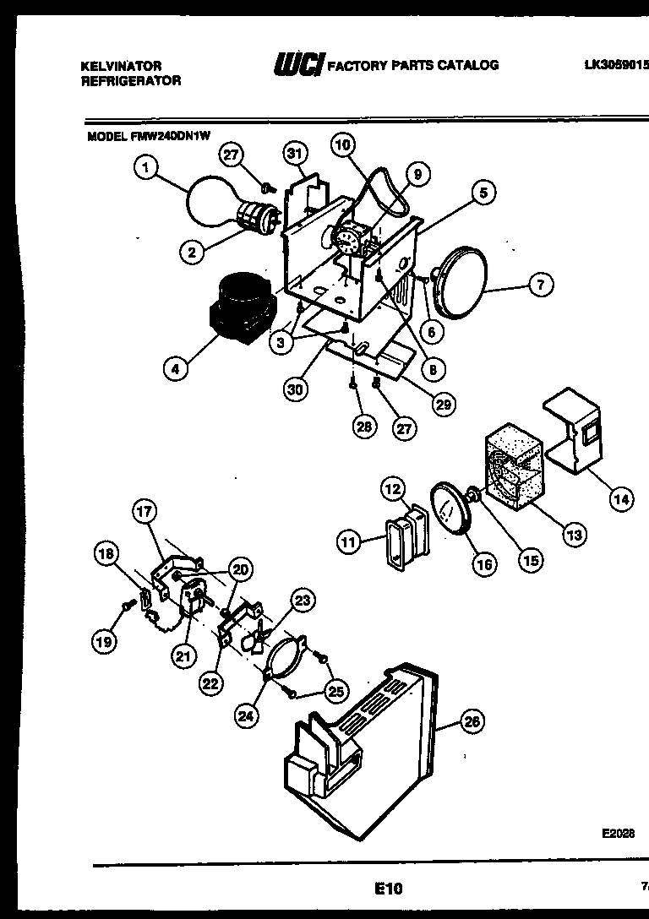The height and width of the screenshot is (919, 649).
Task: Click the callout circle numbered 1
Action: click(x=146, y=169)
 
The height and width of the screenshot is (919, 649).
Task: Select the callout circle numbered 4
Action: click(x=177, y=368)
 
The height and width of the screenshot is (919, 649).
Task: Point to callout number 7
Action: click(x=541, y=285)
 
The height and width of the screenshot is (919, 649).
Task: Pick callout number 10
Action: click(x=341, y=144)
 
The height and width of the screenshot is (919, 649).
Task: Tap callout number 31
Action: click(x=293, y=154)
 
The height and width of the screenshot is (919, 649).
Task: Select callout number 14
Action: click(x=621, y=499)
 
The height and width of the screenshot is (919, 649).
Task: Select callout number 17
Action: click(x=146, y=511)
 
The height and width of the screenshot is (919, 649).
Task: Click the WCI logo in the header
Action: click(x=297, y=64)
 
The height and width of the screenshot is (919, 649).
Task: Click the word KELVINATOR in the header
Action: click(x=121, y=65)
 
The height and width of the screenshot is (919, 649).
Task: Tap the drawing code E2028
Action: click(x=618, y=832)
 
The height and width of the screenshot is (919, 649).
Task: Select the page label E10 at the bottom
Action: click(x=388, y=888)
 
